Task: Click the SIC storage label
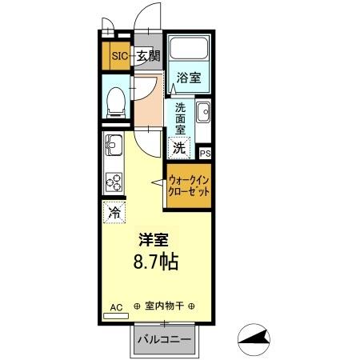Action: pos(118,56)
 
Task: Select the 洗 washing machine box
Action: pos(180,147)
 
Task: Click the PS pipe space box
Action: pos(204,153)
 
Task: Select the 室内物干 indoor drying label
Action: pos(164,306)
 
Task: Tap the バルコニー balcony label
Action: pos(164,340)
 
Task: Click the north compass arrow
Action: pos(260,340)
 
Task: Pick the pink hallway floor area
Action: pos(148,100)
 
